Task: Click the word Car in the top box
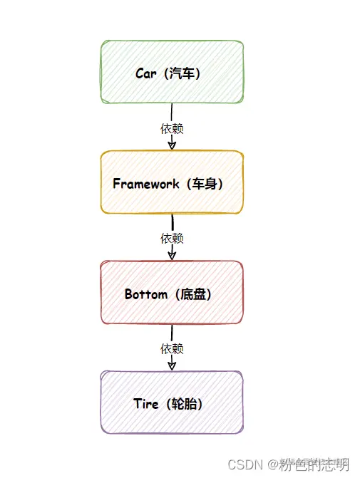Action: click(x=146, y=73)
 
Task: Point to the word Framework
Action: click(x=145, y=184)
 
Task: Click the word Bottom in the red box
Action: click(x=145, y=294)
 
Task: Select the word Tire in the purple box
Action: click(x=145, y=404)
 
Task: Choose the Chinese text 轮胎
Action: click(x=185, y=404)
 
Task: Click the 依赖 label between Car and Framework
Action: click(x=172, y=128)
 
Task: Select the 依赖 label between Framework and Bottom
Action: click(x=172, y=238)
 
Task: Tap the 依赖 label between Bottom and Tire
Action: click(x=172, y=348)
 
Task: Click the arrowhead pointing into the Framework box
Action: click(x=172, y=145)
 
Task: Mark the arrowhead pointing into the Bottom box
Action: click(x=172, y=255)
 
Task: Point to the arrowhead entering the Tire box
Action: click(x=172, y=365)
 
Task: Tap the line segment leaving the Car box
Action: click(x=172, y=112)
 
